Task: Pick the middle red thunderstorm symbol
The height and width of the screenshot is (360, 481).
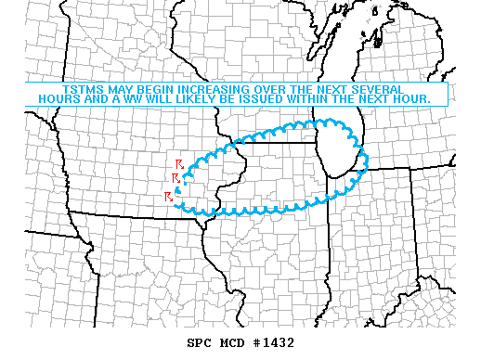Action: [x=175, y=177]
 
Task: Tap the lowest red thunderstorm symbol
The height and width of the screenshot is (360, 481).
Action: [x=168, y=197]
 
